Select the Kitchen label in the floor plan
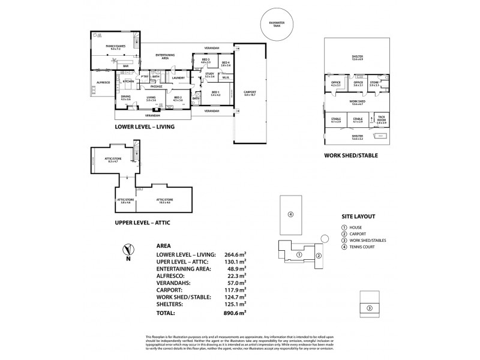[128, 81]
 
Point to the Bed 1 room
[215, 94]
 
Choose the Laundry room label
[178, 78]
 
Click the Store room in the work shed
[374, 84]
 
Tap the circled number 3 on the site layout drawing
[370, 308]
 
